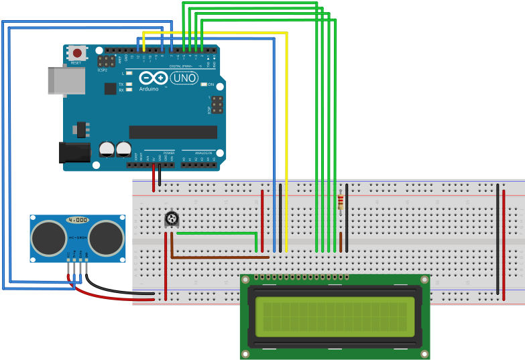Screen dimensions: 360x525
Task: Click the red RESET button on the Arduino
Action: (x=76, y=52)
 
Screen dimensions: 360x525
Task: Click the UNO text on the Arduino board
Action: (x=184, y=78)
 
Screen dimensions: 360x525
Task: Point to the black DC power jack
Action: (x=74, y=152)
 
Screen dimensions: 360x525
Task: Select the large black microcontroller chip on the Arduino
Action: (x=173, y=132)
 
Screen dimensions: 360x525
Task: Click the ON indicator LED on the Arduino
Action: (x=204, y=84)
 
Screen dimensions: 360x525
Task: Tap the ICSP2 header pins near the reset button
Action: (x=105, y=61)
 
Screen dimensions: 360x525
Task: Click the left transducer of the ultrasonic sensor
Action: (x=48, y=237)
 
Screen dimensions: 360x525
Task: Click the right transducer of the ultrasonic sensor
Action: (x=106, y=237)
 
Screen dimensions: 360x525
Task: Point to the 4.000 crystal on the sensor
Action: (x=77, y=220)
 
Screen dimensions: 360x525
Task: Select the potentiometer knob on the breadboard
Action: (x=172, y=219)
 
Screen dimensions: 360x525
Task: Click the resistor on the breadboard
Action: (x=341, y=200)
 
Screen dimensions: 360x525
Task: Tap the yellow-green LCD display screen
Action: (x=335, y=316)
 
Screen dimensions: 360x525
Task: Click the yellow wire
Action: (x=286, y=134)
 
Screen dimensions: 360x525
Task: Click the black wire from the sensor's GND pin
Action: (x=121, y=291)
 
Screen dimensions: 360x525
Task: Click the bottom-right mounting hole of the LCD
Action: (x=424, y=353)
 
